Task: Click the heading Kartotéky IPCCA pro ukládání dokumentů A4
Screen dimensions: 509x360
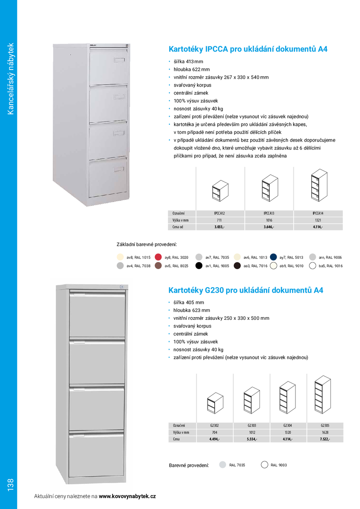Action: point(247,49)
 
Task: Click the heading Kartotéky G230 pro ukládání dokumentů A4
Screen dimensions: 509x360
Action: point(246,290)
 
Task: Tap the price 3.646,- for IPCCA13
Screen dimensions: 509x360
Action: point(269,227)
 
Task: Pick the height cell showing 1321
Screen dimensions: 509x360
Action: point(318,220)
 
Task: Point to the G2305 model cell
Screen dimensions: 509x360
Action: point(325,425)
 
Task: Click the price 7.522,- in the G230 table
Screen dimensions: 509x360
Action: point(325,439)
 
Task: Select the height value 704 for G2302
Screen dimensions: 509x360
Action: point(215,432)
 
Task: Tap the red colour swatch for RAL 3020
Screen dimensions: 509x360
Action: point(158,257)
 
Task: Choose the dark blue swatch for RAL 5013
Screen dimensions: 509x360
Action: point(274,257)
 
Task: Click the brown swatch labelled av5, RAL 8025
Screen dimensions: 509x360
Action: point(158,266)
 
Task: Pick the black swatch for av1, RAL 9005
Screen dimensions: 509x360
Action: point(199,266)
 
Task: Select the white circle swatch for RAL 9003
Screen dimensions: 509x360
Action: point(264,465)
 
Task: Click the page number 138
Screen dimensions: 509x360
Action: point(10,484)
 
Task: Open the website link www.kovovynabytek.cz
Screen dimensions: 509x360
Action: point(127,496)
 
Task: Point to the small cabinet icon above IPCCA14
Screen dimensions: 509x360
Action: point(318,186)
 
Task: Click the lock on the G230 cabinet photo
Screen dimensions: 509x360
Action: point(122,288)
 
